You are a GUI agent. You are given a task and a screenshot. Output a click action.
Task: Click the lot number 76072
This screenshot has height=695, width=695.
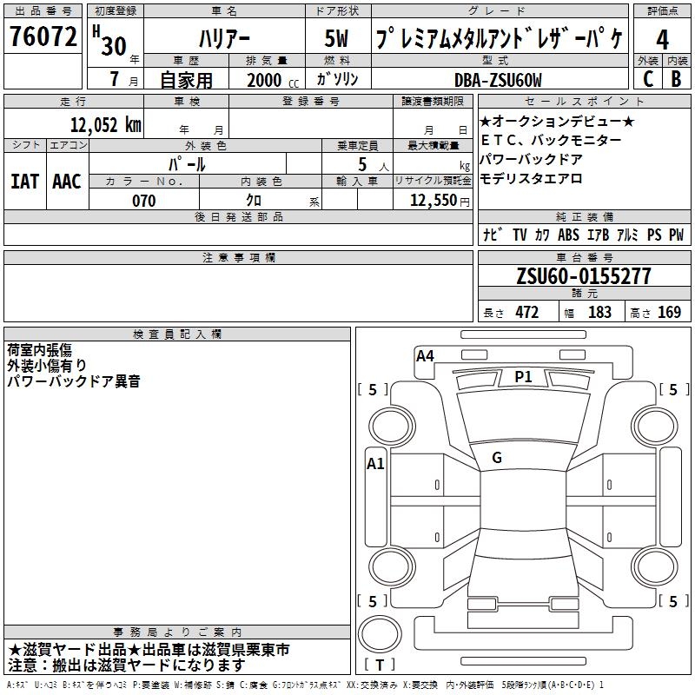pos(43,36)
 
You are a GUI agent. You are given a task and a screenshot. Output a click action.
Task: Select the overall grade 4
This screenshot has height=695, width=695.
pos(662,39)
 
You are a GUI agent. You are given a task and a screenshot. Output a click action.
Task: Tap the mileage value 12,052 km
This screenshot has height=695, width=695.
pos(106,125)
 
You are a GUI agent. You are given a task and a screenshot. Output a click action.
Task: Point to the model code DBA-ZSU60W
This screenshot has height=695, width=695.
pos(498,80)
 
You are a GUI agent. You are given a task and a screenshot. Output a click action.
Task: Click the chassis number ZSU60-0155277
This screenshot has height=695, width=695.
pos(584,275)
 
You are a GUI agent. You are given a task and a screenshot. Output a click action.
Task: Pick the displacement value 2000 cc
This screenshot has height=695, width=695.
pos(273,80)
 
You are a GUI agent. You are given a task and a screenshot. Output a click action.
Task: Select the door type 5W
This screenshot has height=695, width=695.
pos(336,38)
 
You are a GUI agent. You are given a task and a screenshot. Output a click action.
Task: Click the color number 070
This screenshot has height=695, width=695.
pos(144,201)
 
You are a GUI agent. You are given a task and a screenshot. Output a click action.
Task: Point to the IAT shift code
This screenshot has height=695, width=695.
pos(25,182)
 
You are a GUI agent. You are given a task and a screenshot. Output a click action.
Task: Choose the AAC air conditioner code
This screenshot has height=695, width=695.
pos(67,182)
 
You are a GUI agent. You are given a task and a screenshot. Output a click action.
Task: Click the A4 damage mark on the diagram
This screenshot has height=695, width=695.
pos(425,356)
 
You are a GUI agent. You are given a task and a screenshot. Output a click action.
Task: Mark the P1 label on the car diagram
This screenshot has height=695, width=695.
pos(523,377)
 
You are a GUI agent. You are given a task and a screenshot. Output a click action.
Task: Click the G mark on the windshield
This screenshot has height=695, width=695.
pos(497,458)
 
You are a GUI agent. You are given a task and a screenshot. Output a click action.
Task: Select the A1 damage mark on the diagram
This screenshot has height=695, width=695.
pos(375,464)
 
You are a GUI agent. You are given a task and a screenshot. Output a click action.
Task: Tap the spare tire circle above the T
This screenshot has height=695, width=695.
pos(380,634)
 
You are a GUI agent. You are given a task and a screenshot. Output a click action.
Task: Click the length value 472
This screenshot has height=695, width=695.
pos(527,313)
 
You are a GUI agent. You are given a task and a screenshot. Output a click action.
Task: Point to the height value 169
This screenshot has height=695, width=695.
pos(669,313)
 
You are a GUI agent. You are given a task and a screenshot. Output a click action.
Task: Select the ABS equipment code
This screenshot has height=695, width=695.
pos(568,235)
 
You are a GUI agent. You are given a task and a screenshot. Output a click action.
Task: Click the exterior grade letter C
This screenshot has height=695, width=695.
pos(648,79)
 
